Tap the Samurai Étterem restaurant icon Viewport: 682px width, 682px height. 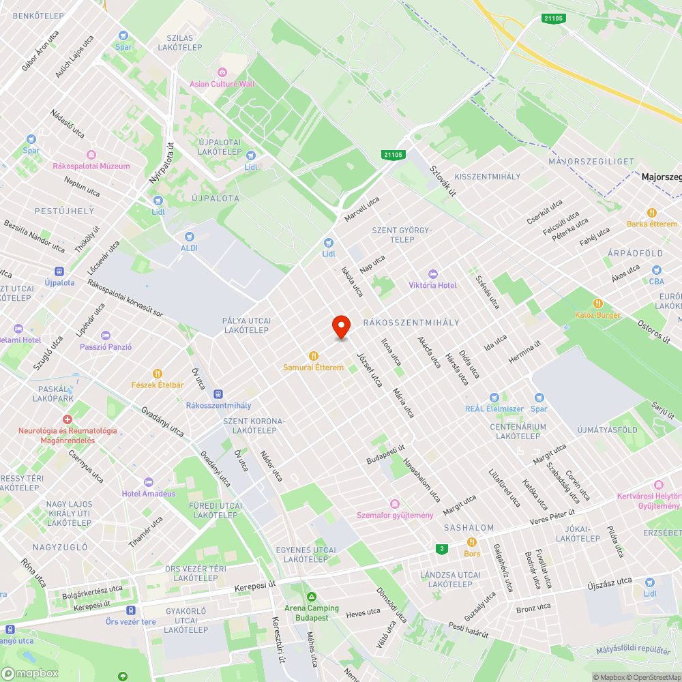tap(314, 355)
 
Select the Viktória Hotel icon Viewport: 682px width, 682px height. tap(432, 273)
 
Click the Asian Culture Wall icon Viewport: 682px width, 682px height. tap(222, 72)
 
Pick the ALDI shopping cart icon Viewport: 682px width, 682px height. tap(189, 236)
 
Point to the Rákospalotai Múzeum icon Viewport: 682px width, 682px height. tap(91, 154)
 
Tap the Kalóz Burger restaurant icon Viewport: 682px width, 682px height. tap(597, 303)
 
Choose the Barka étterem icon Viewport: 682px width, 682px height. tap(652, 212)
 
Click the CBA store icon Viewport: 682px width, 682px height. tap(656, 271)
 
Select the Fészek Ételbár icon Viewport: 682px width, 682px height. tap(158, 373)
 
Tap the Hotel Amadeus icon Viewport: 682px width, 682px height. tap(148, 482)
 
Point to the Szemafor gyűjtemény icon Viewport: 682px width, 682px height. tap(395, 503)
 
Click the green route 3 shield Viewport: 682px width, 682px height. tap(442, 548)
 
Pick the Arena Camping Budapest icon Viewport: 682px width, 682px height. tap(312, 597)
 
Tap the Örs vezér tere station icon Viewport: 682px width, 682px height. tap(130, 610)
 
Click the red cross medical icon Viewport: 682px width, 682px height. tap(67, 419)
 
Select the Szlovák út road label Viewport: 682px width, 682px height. tap(443, 181)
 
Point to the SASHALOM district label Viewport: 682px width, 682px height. tap(469, 528)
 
